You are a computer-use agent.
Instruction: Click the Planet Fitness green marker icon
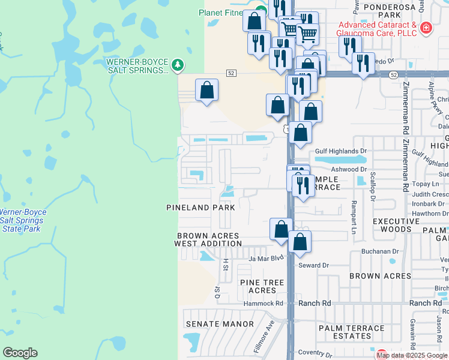point(259,10)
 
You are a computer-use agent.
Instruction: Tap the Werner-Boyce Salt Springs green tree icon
point(177,65)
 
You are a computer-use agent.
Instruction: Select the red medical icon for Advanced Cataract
point(426,28)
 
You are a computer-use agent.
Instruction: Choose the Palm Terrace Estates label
point(352,332)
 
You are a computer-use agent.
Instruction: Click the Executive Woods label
point(396,225)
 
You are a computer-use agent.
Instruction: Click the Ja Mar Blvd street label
point(266,259)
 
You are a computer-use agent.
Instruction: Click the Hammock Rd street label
point(263,304)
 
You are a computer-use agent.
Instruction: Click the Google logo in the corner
point(20,353)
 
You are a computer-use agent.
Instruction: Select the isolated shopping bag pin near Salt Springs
point(206,91)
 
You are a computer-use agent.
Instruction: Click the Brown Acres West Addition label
point(208,239)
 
